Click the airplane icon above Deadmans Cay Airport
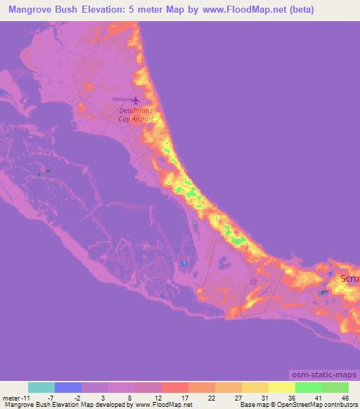tap(135, 101)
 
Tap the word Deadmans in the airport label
tap(135, 111)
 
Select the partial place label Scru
tap(349, 279)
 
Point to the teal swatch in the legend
tap(41, 387)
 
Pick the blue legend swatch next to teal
tap(68, 387)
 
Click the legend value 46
tap(344, 398)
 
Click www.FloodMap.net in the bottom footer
tap(156, 405)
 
